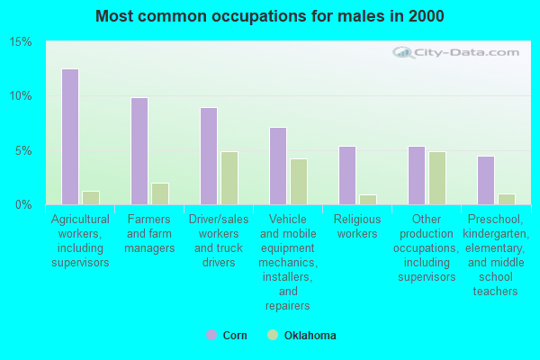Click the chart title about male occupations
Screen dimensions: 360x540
click(270, 16)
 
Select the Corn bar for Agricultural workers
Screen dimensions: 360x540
click(69, 137)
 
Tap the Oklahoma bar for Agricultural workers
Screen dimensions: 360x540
click(90, 198)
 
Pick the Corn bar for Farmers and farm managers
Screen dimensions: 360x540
click(139, 151)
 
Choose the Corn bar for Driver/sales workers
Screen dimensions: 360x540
click(208, 156)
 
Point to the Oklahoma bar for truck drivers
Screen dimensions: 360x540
click(229, 178)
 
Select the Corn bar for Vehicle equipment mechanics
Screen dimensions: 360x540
click(277, 166)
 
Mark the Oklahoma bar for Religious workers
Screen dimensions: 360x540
click(367, 200)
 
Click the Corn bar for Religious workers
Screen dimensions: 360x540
click(346, 175)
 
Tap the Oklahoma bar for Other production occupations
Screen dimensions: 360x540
click(436, 178)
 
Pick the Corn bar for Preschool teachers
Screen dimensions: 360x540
click(485, 180)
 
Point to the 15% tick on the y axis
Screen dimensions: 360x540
click(21, 42)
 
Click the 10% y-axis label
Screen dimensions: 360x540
click(21, 96)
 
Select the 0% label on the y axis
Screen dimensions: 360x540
click(23, 204)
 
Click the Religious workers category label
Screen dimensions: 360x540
click(356, 226)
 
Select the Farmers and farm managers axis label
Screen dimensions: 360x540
click(149, 233)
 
